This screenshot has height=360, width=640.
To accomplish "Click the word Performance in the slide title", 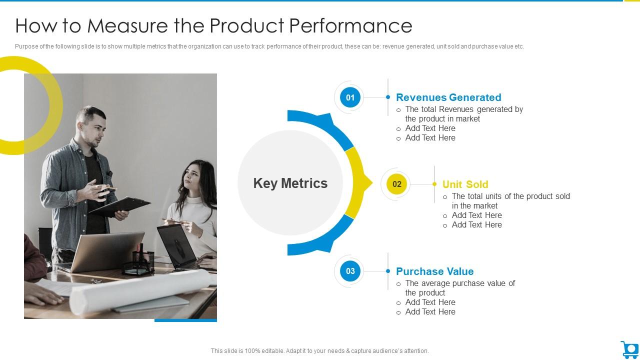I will click(x=350, y=25).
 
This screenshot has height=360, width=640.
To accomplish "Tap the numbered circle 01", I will click(x=350, y=97).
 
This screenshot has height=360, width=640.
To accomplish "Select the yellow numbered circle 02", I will click(x=396, y=184).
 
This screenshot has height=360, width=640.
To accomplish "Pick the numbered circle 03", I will click(x=350, y=271).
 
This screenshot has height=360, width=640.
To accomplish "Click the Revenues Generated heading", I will click(x=448, y=97).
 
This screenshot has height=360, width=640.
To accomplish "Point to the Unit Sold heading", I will click(x=465, y=184).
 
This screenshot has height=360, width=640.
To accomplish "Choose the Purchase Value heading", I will click(x=434, y=271).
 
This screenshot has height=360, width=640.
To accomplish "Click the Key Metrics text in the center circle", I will click(x=290, y=183).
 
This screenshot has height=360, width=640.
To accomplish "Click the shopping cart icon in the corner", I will click(x=629, y=349).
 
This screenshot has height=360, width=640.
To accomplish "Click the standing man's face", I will click(x=93, y=127).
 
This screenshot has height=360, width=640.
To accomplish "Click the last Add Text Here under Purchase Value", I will click(x=430, y=311).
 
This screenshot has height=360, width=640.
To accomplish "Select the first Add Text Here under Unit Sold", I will click(x=476, y=215).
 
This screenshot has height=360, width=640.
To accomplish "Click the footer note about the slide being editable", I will click(x=319, y=351).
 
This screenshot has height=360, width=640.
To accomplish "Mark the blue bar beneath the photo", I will click(x=185, y=320).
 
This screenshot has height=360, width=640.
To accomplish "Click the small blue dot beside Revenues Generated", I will click(x=388, y=97).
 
